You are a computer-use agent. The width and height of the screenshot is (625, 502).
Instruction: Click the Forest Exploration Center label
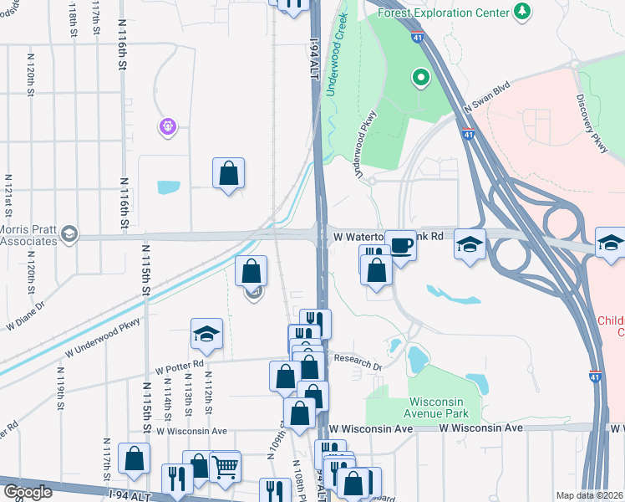pyautogui.click(x=443, y=13)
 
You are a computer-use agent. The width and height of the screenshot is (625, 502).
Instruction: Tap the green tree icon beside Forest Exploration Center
pyautogui.click(x=522, y=11)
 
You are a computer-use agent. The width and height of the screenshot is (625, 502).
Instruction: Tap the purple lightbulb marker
pyautogui.click(x=168, y=126)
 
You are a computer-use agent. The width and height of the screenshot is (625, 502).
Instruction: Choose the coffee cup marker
pyautogui.click(x=401, y=246)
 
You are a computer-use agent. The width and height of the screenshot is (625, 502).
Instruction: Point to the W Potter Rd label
pyautogui.click(x=179, y=366)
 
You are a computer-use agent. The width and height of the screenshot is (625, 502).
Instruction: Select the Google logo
pyautogui.click(x=28, y=491)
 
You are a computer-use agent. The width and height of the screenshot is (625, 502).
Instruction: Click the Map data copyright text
pyautogui.click(x=589, y=495)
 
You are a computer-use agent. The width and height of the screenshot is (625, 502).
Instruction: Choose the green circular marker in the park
pyautogui.click(x=420, y=79)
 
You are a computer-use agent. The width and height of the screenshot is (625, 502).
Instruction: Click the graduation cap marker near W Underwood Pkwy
pyautogui.click(x=206, y=334)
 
